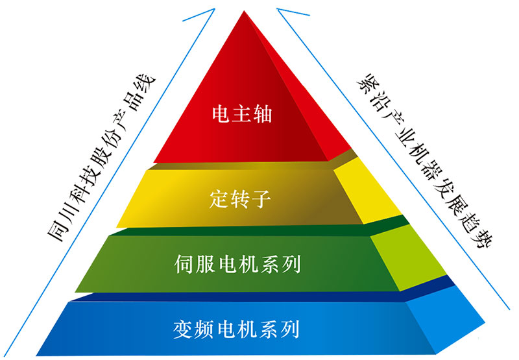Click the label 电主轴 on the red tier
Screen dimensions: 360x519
click(x=240, y=115)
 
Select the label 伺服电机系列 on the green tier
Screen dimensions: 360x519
click(x=237, y=265)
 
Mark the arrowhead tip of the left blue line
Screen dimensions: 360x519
click(x=213, y=7)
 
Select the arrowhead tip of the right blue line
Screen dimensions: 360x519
click(x=278, y=7)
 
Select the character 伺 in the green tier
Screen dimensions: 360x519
click(x=186, y=265)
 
